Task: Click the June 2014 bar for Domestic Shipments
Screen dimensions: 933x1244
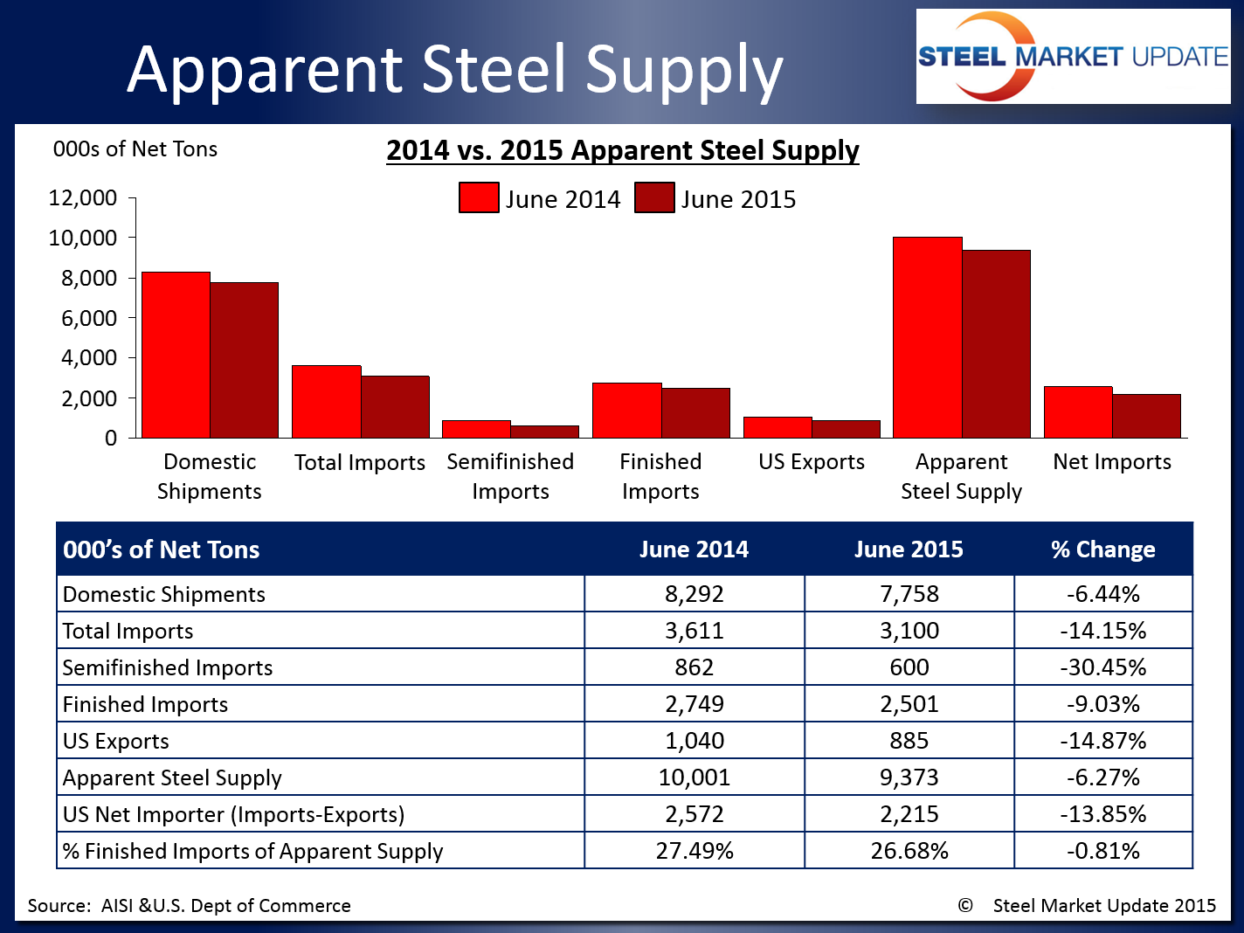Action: point(176,355)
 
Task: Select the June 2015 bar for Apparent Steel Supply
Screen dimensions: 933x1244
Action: point(996,344)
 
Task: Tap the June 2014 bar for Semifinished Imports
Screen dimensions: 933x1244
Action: point(476,429)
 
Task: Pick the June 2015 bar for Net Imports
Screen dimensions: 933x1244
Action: point(1146,416)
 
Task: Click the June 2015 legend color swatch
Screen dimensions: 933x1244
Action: point(654,198)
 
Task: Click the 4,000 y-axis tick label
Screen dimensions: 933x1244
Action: point(88,358)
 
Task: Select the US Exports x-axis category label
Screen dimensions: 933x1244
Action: point(812,462)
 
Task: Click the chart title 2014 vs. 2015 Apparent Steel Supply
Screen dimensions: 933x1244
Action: point(623,150)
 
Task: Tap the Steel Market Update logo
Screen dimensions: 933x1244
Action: point(1073,58)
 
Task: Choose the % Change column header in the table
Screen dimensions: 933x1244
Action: point(1102,549)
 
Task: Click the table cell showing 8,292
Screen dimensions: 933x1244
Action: point(694,594)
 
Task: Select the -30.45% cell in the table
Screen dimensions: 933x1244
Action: point(1102,667)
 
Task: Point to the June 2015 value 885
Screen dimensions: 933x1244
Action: point(909,741)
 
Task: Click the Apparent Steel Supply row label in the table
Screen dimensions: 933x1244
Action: point(172,777)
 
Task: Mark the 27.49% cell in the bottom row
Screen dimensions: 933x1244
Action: point(694,851)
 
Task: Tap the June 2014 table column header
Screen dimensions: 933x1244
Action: point(694,549)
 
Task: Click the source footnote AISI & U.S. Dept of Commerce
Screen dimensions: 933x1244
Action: point(189,906)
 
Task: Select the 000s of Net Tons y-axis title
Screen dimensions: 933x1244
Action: point(135,149)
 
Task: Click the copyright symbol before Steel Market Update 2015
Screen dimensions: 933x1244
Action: point(965,906)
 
